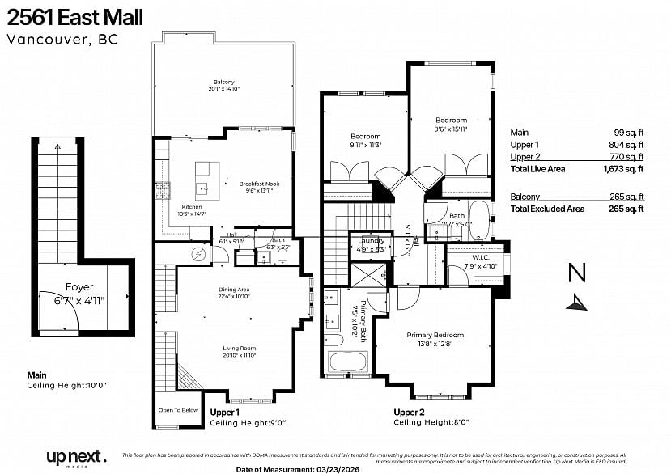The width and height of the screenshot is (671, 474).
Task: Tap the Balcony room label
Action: [223, 82]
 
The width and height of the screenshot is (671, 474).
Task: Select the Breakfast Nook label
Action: [259, 184]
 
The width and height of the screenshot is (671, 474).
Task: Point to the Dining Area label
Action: [233, 290]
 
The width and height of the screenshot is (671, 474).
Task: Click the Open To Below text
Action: [178, 410]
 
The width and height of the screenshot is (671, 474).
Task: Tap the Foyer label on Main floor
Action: [79, 287]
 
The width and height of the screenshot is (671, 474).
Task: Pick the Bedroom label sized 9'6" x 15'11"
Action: [451, 121]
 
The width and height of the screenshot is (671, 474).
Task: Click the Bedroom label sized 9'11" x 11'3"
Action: [365, 136]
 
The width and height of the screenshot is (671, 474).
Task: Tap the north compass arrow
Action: [577, 303]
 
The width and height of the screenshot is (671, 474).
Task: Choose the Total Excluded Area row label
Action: [547, 209]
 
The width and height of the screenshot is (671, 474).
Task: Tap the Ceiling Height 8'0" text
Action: [431, 422]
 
